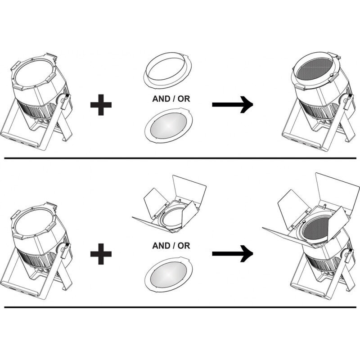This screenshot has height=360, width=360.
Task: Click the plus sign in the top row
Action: (101, 105)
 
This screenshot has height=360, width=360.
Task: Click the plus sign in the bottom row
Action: (101, 254)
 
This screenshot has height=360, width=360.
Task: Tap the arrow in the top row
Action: (232, 105)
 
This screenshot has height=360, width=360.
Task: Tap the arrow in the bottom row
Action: (232, 254)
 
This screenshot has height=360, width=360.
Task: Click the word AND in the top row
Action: (161, 99)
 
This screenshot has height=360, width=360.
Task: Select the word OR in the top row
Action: (184, 99)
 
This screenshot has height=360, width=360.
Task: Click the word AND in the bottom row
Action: (161, 246)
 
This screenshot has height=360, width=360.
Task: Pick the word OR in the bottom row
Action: (184, 246)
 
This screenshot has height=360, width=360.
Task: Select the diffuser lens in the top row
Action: (169, 126)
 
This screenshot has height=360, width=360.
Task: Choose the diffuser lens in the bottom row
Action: (169, 274)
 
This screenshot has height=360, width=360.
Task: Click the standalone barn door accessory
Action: (170, 204)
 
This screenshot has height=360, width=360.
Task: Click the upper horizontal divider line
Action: (180, 158)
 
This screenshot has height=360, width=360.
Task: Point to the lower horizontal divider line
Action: (180, 307)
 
